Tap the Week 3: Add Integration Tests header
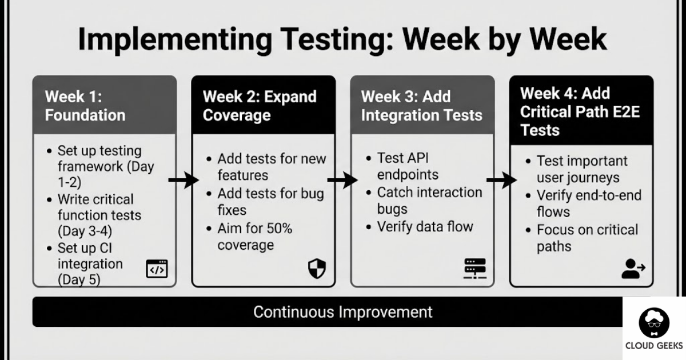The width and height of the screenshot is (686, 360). [x=422, y=105]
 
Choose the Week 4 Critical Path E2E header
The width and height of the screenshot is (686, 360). [x=581, y=111]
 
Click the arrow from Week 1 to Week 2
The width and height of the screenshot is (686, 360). [x=183, y=181]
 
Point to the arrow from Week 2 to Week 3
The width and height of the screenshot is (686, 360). [x=342, y=181]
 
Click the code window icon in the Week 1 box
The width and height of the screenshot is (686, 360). [x=157, y=269]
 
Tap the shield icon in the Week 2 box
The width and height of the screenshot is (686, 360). [x=317, y=269]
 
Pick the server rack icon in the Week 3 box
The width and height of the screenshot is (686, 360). [x=475, y=269]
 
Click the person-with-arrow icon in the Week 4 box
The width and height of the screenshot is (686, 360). [x=633, y=269]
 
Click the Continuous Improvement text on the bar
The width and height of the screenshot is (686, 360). [x=342, y=312]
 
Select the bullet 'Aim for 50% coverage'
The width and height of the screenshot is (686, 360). [x=255, y=237]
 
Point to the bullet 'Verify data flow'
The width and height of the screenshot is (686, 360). [x=425, y=226]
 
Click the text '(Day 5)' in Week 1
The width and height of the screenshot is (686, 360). [x=79, y=280]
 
